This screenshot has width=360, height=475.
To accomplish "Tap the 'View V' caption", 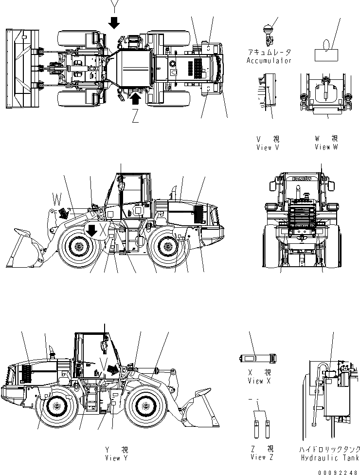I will click(268, 148).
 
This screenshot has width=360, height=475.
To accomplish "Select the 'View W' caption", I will click(325, 147).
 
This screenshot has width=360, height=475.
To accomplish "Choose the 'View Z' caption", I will click(262, 457).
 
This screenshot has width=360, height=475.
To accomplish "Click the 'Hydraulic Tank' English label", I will click(331, 457).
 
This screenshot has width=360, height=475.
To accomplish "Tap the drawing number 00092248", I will click(339, 471).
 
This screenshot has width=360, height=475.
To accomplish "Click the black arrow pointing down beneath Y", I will click(114, 22).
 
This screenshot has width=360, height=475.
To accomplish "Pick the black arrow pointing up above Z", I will click(136, 99).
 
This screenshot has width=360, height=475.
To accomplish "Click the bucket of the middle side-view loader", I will click(24, 248).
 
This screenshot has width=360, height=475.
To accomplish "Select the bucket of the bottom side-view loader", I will click(197, 409).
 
